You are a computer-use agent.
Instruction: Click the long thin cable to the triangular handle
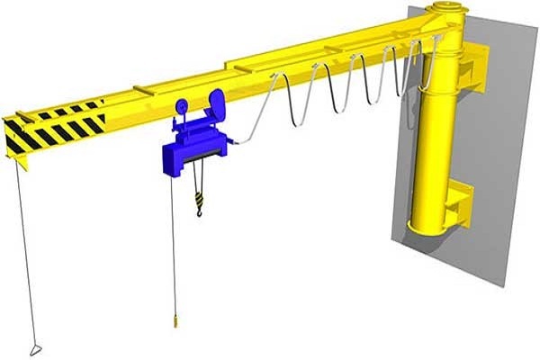click(x=25, y=252)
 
